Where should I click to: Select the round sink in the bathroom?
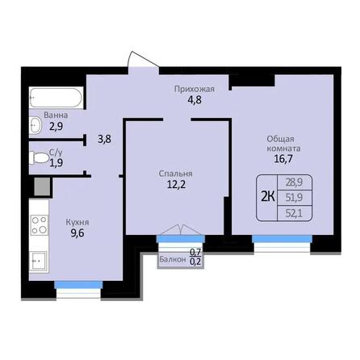coord(36,125)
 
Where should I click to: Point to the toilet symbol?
coord(37,157)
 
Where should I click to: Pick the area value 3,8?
coord(104,138)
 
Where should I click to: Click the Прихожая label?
coord(193,90)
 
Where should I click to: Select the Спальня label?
coord(175,174)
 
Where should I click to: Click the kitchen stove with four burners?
coord(38,220)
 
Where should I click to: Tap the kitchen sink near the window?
coord(37,260)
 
